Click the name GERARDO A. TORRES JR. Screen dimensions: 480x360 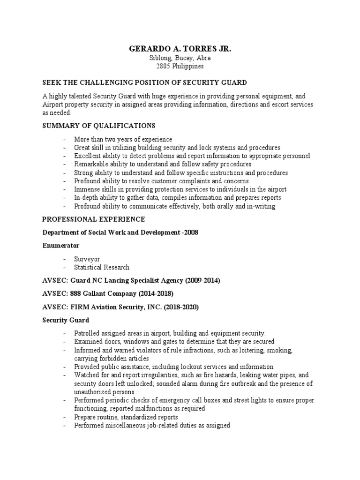pos(180,49)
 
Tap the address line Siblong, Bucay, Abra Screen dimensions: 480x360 pos(180,58)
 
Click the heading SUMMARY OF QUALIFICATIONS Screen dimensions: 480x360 pos(98,126)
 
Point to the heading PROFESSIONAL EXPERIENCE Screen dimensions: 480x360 pos(94,219)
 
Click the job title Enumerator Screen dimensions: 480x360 pos(61,245)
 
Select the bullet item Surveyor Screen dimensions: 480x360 pos(87,259)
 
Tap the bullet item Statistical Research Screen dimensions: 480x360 pos(102,267)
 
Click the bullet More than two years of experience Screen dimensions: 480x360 pos(123,139)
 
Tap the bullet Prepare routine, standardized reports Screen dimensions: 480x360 pos(126,417)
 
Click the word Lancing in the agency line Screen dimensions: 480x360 pos(115,280)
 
